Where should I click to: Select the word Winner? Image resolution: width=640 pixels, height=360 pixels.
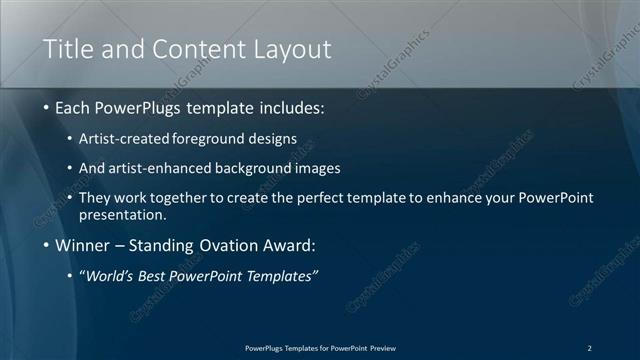(84, 245)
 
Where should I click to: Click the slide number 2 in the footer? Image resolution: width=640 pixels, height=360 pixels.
(589, 348)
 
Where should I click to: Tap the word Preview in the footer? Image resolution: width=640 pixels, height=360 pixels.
(383, 348)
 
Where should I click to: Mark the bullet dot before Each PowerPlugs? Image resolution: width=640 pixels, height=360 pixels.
(46, 107)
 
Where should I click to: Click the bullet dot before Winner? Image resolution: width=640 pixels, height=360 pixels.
(46, 245)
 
